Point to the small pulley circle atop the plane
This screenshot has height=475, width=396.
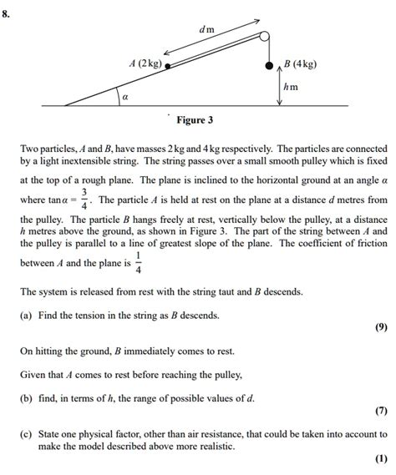265,37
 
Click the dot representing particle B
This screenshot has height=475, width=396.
268,64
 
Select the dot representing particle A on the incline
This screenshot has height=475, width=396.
167,64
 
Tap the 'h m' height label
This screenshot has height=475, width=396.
290,86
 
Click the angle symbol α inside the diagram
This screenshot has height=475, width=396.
125,98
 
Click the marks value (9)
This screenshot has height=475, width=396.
381,327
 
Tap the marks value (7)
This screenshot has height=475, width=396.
381,411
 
